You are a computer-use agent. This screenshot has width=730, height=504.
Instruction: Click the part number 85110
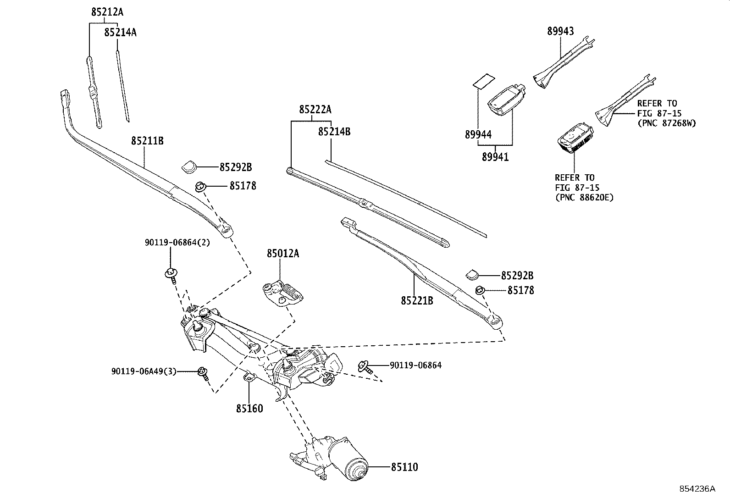404,467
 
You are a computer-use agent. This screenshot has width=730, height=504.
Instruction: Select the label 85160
249,408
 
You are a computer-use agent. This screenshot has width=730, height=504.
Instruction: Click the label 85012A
283,253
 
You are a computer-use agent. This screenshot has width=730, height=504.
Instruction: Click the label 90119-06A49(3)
144,371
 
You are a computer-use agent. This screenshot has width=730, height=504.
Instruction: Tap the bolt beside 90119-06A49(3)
202,373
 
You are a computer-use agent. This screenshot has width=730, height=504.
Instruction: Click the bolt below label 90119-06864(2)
171,275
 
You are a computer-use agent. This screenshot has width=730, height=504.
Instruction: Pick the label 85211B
147,141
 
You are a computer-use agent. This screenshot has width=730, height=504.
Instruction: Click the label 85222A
315,110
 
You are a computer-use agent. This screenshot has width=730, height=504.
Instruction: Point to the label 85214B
334,132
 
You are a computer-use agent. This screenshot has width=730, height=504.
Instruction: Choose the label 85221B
417,300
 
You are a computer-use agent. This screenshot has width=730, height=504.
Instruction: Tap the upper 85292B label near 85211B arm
235,167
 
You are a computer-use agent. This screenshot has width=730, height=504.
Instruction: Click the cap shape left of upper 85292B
188,167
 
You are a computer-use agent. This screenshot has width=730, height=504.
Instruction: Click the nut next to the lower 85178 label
480,290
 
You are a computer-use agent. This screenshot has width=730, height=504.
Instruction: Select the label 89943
560,31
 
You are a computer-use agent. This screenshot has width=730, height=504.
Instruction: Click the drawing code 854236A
697,488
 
